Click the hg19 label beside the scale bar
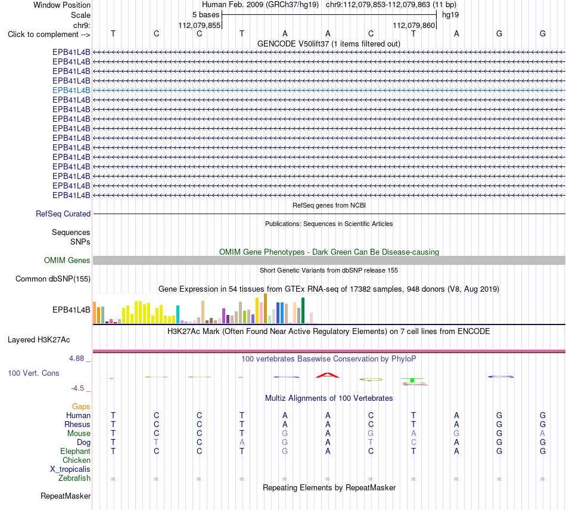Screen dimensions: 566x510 pos(450,15)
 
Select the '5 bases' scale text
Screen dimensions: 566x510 pos(206,15)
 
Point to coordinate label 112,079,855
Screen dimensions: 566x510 pos(199,25)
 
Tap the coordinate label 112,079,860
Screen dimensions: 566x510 pos(413,25)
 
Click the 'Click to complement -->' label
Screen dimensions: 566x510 pos(49,35)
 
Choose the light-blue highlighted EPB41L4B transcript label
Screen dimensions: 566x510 pos(71,90)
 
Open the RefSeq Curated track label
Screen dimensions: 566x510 pos(63,214)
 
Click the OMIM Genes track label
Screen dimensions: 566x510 pos(67,260)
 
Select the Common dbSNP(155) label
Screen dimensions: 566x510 pos(53,279)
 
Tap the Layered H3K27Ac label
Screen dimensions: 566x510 pos(39,340)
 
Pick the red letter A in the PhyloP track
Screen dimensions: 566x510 pos(328,375)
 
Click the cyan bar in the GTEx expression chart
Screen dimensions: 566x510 pos(178,314)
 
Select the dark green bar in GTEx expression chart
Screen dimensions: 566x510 pos(303,311)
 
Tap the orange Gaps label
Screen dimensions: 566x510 pos(81,407)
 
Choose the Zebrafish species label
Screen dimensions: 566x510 pos(74,478)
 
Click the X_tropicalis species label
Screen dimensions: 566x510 pos(70,469)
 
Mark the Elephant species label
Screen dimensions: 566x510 pos(76,452)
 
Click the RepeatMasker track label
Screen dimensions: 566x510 pos(66,496)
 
